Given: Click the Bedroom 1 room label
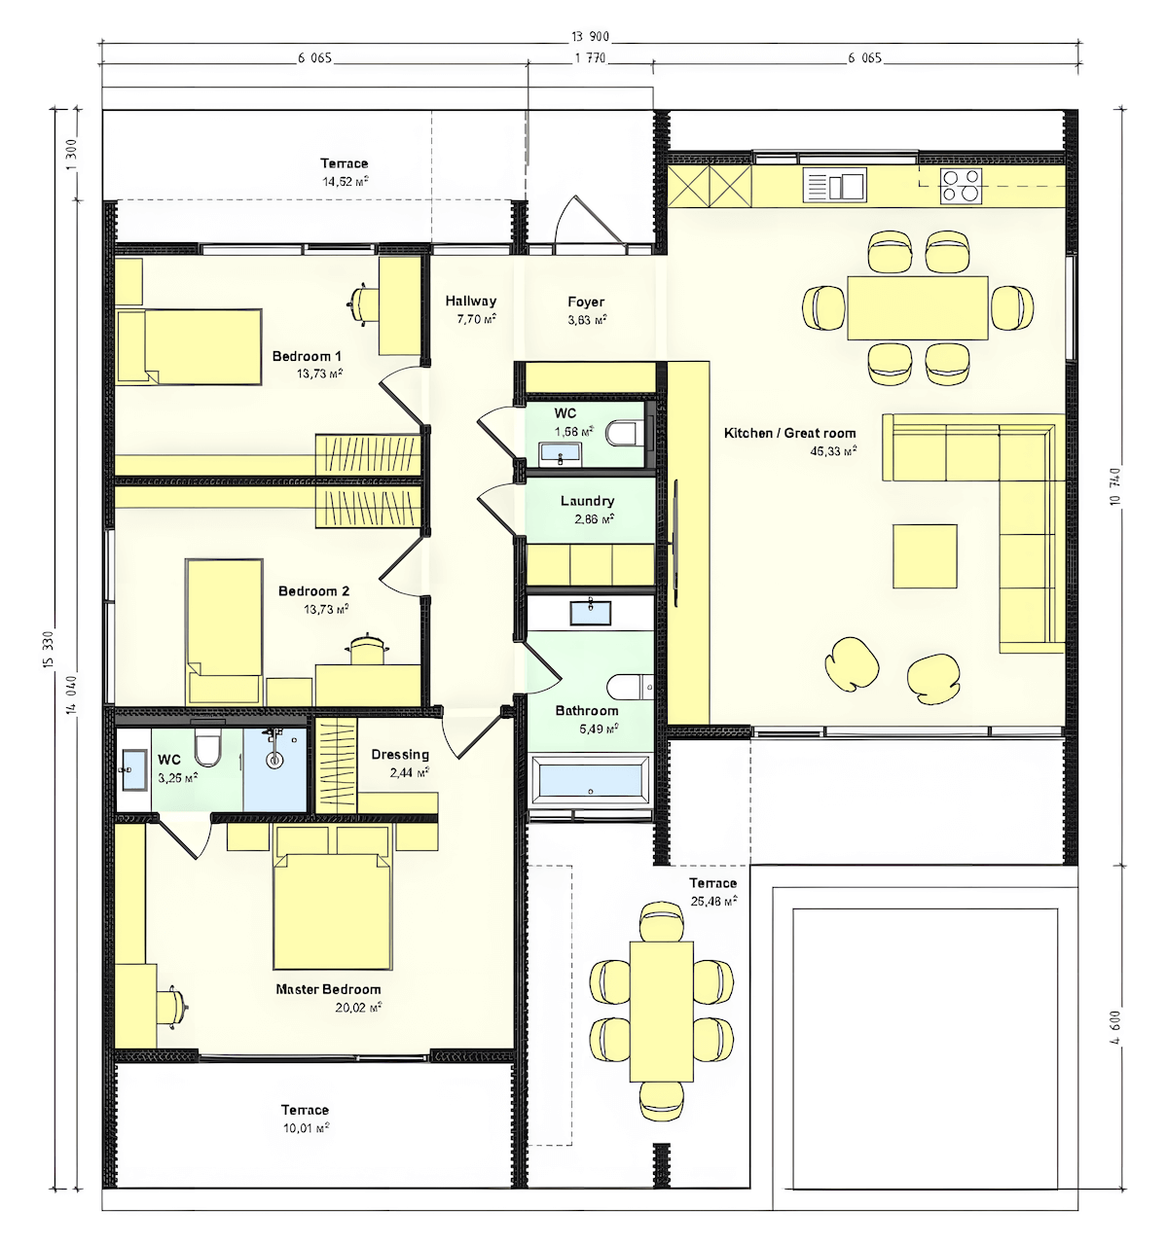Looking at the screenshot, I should [307, 356].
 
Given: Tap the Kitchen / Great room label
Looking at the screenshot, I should [789, 433].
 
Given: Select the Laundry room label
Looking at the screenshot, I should [587, 501].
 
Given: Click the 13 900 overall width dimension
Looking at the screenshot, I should [590, 37].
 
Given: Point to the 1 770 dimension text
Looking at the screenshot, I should [590, 58].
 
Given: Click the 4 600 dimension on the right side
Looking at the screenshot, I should [1115, 1026].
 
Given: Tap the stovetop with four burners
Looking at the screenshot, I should [960, 185].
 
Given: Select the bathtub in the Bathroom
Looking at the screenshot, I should [590, 781].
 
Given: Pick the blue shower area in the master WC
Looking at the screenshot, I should [274, 768].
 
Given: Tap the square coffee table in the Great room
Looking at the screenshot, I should [925, 556].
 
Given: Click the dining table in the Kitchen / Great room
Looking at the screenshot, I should [917, 308].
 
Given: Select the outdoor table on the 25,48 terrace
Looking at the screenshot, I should [662, 1012].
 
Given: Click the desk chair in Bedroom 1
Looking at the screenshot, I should [362, 302].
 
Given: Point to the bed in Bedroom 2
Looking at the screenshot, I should [224, 622].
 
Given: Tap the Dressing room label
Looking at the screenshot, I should [400, 755].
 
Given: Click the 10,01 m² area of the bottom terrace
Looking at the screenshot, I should [305, 1128].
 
